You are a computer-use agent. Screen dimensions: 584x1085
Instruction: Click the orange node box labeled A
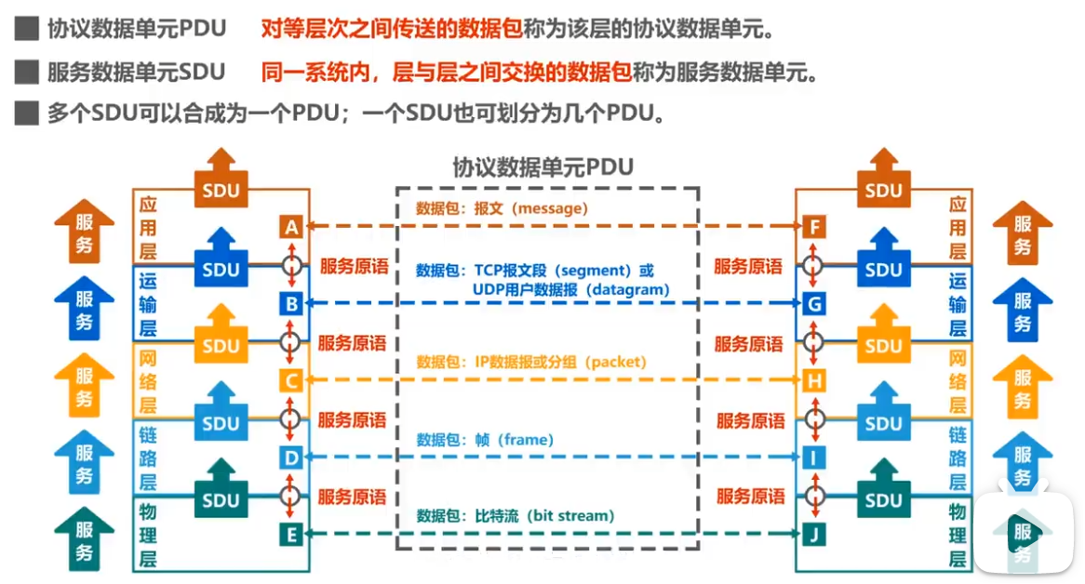coord(291,227)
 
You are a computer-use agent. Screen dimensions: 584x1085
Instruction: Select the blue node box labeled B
coord(291,303)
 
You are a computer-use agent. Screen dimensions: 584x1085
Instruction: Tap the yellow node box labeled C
coord(291,380)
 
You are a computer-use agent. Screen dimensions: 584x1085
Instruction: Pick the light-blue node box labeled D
coord(291,458)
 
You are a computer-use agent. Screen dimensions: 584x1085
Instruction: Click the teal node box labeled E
coord(291,534)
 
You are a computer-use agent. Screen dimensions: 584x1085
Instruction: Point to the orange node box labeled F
coord(815,227)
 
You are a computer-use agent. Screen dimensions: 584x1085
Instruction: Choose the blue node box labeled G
coord(815,303)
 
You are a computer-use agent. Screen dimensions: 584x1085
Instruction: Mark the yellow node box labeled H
coord(815,380)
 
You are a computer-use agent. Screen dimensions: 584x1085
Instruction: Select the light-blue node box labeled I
coord(815,458)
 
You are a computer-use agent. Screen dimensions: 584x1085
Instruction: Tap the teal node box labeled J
coord(815,534)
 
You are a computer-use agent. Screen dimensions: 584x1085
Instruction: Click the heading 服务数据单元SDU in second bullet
coord(136,72)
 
